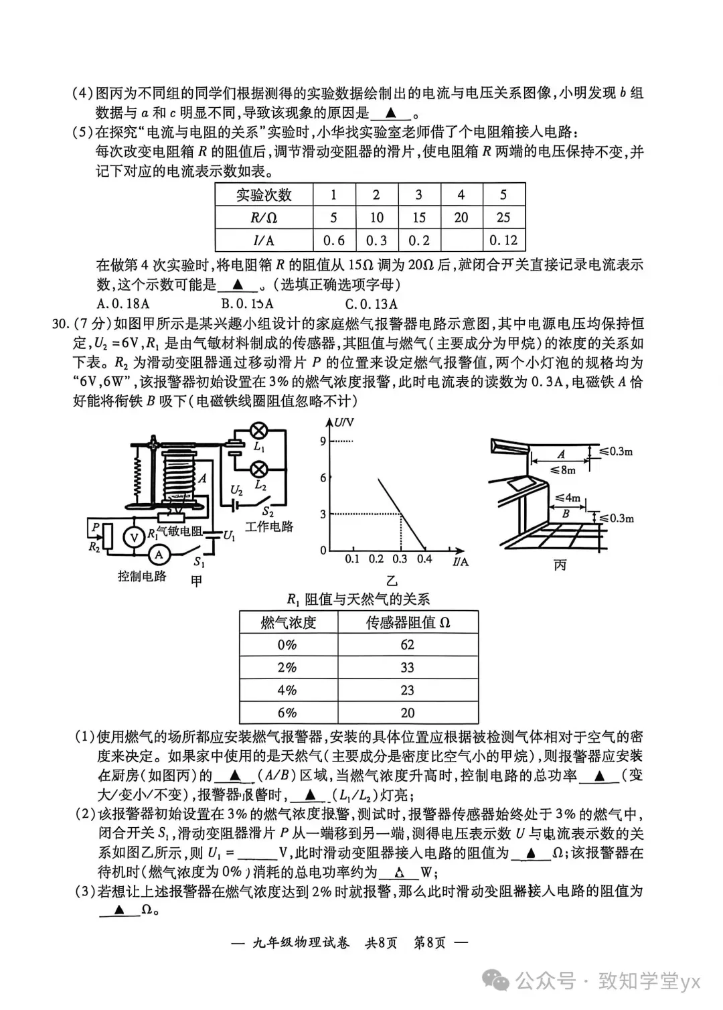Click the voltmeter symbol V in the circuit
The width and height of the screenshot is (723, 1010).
coord(134,536)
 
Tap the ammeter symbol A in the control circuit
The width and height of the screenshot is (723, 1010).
coord(159,555)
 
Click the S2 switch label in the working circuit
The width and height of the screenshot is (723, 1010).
coord(268,512)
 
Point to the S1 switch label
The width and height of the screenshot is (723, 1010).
coord(199,563)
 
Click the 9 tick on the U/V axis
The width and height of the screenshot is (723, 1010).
coord(323,441)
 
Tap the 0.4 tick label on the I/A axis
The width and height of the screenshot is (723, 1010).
coord(424,559)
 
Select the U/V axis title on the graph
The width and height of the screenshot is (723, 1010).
coord(343,423)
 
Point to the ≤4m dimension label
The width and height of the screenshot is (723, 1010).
coord(568,498)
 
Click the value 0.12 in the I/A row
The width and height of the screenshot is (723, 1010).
coord(503,240)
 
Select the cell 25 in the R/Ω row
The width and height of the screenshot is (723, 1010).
coord(503,218)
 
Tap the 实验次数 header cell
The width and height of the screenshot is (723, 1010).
coord(264,195)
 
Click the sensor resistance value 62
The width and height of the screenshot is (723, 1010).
coord(407,644)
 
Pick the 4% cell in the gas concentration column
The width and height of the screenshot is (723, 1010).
coord(287,690)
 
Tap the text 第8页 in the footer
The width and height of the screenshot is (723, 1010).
coord(430,943)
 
